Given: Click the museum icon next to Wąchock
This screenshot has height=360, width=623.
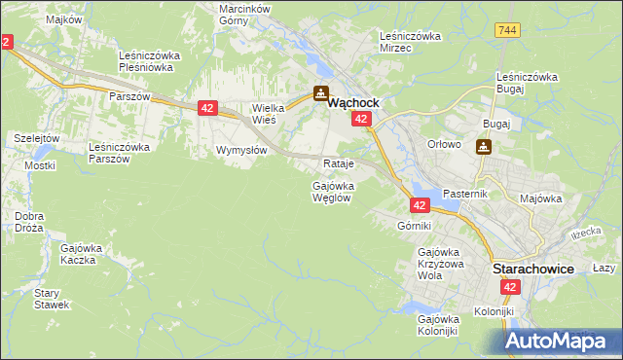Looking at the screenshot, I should (321, 93).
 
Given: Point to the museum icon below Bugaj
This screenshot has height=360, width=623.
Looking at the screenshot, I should (484, 147).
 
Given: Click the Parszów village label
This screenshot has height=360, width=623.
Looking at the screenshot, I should (128, 97).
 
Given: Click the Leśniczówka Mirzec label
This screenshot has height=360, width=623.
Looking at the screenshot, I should (410, 42).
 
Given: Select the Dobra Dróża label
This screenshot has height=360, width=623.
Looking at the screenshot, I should (29, 222).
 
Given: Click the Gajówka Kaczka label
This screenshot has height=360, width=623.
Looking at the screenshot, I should (82, 254).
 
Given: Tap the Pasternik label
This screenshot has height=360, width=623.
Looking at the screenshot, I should (465, 195).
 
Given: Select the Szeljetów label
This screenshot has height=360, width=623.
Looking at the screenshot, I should (37, 139).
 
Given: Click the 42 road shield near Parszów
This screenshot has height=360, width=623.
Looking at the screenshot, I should (206, 108).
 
